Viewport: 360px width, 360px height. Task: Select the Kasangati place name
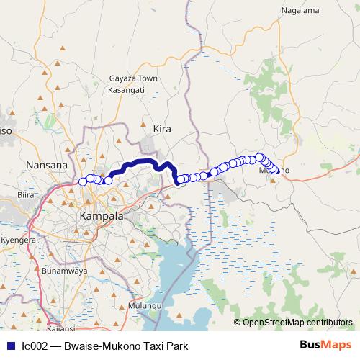[126, 89]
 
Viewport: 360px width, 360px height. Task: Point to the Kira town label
[163, 128]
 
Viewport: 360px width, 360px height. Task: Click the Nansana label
[46, 165]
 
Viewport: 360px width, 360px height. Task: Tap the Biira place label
[25, 194]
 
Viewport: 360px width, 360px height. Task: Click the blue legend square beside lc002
[10, 346]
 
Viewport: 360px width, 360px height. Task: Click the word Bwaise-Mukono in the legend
[96, 346]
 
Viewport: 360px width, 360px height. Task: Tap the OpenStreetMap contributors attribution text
[297, 323]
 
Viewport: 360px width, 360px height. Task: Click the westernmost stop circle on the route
[82, 181]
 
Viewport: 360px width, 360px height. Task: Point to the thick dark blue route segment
[137, 163]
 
